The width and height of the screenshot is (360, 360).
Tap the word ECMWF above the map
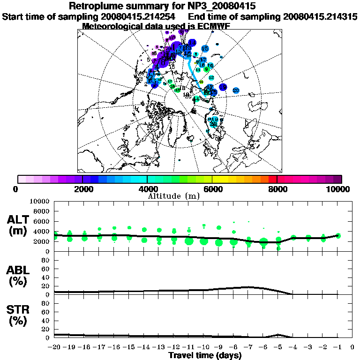click(211, 26)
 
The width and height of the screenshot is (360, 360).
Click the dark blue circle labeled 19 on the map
click(223, 87)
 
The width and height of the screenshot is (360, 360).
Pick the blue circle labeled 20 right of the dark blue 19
click(236, 90)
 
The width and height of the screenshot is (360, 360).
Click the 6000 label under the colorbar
click(212, 189)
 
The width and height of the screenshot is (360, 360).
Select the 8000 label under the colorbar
click(277, 189)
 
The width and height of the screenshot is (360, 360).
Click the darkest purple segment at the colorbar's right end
click(337, 179)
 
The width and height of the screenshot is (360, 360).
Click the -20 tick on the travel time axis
click(55, 347)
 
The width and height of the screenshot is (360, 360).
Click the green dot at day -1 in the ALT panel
click(338, 235)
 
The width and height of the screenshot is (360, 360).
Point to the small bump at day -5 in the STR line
click(278, 335)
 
